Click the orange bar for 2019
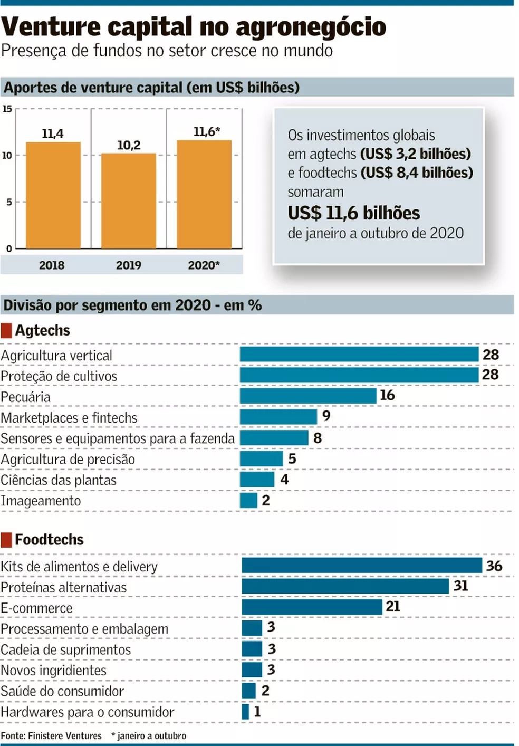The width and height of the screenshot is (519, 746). pos(129,200)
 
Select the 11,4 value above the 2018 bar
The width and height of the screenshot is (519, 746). pos(53,134)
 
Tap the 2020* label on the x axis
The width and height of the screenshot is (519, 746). pos(204,265)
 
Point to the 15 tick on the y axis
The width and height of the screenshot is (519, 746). pos(7,109)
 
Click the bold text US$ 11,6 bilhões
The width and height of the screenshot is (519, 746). pos(353,213)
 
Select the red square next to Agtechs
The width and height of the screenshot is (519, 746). pos(6,330)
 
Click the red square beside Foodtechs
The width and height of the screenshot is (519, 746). pos(6,540)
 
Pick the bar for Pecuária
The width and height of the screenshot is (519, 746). pos(308,396)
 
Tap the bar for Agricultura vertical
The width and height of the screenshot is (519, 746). pos(359,354)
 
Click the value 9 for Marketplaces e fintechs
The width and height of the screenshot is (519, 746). pos(326,416)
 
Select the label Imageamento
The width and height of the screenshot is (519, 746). pos(41,501)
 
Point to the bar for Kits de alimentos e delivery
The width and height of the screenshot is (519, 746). pos(362,566)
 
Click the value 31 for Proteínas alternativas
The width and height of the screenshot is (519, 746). pos(460,586)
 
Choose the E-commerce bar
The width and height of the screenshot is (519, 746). pos(312,607)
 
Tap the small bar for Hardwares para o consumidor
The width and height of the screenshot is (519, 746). pos(245,711)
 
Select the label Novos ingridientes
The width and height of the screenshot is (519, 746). pos(54,671)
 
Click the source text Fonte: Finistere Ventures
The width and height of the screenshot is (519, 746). pos(51,735)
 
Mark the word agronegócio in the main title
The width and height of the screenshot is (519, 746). pos(311,27)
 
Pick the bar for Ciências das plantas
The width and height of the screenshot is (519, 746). pos(257,480)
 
